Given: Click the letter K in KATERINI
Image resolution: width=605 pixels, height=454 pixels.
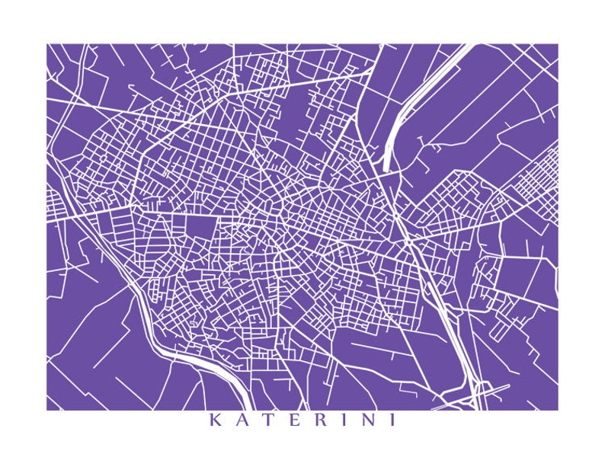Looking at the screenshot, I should (215, 420).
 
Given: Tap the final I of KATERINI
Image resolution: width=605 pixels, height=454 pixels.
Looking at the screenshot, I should (389, 420).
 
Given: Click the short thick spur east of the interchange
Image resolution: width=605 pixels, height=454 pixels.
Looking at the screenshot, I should (499, 389).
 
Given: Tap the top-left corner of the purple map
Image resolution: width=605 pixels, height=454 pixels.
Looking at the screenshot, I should (47, 44).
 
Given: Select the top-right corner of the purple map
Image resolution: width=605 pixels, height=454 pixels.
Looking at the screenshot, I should (557, 44).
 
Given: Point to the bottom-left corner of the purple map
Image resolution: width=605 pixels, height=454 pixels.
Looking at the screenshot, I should (47, 410).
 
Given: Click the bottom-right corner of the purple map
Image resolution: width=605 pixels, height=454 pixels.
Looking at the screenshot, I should (557, 410).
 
